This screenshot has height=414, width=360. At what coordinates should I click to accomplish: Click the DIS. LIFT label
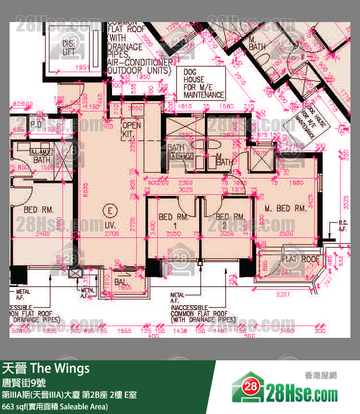click(68, 48)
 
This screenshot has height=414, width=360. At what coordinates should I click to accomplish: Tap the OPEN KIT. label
click(132, 129)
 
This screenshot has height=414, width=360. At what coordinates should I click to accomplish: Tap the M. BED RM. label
click(285, 208)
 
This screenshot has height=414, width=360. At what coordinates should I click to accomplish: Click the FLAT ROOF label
click(300, 260)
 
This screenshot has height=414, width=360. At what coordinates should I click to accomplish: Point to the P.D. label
click(36, 125)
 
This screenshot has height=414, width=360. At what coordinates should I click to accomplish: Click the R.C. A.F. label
click(343, 225)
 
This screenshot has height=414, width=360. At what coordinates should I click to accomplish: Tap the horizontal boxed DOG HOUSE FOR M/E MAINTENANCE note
click(203, 83)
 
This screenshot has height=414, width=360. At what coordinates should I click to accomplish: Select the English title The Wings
click(60, 368)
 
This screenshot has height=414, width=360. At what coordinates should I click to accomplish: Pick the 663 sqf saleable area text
click(55, 406)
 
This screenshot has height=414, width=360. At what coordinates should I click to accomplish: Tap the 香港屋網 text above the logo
click(320, 376)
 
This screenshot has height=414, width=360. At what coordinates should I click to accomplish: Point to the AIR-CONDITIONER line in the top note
click(139, 62)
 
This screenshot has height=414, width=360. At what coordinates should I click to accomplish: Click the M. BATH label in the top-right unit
click(257, 44)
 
